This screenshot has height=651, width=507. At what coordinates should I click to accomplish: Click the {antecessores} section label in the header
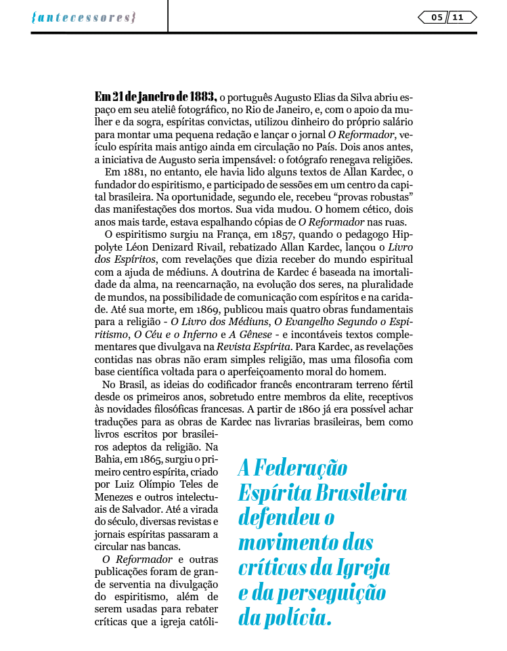[x=83, y=18]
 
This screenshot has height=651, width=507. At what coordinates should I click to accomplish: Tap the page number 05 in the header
[x=437, y=18]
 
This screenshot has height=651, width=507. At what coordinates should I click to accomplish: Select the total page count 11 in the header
[x=458, y=18]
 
